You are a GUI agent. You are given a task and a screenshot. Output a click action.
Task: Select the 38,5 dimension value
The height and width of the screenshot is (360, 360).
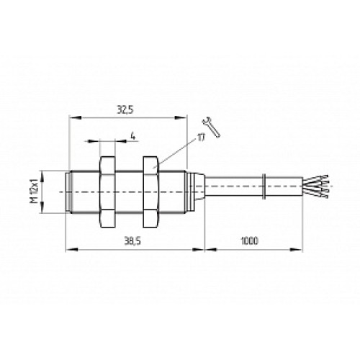pos(132,241)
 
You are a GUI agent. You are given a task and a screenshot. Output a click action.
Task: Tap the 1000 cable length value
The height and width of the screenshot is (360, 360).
pos(249,240)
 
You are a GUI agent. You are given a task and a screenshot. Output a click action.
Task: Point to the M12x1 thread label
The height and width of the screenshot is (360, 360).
pos(35,191)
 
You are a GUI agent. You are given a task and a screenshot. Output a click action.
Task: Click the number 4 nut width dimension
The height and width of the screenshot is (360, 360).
pos(133,136)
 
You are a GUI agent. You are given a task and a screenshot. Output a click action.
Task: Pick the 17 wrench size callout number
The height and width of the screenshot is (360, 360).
pos(201,138)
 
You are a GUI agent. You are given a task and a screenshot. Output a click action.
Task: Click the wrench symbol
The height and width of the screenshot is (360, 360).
pos(211,127)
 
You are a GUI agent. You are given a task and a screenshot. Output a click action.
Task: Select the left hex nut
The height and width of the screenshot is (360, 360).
pos(107,192)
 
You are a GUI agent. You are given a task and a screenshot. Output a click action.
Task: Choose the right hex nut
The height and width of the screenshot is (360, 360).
pos(150,192)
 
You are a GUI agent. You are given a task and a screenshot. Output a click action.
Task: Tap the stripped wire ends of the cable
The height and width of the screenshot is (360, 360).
pos(316,186)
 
